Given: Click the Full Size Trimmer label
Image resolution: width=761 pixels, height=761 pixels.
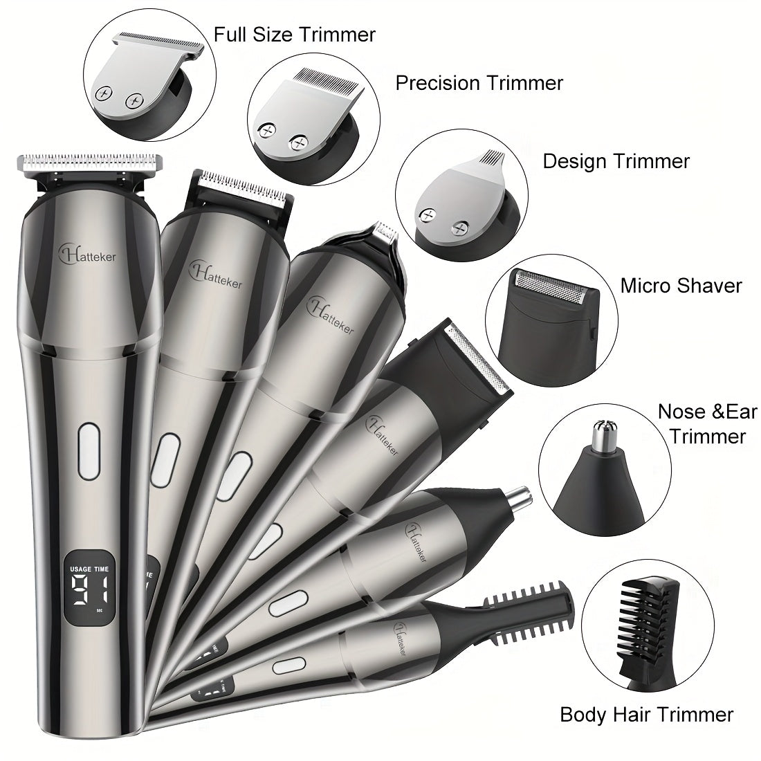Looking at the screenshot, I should (x=295, y=35).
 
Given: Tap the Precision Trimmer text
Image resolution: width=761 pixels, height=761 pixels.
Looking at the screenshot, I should (x=479, y=83).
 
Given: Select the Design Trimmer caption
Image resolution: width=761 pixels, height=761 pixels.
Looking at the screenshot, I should (x=616, y=161).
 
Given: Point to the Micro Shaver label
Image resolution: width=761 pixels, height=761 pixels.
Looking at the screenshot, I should (x=681, y=285).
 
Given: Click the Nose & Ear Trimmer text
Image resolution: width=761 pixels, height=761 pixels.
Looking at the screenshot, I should (x=702, y=423).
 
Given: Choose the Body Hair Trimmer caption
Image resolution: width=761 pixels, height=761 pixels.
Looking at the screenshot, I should (x=647, y=714).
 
